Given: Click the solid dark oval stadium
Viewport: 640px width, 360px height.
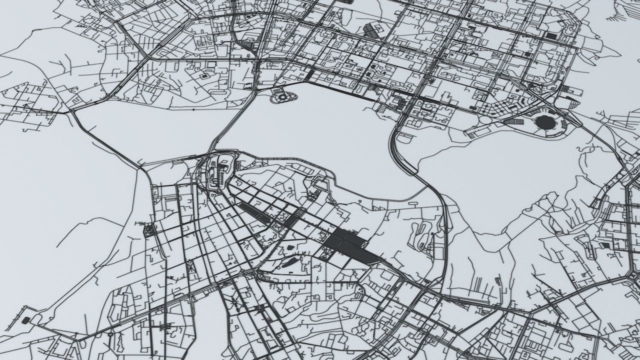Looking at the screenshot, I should tap(544, 121).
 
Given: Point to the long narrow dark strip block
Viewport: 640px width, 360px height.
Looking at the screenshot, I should tap(255, 213).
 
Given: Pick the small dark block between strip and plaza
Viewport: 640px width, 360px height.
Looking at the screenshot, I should tap(291, 220).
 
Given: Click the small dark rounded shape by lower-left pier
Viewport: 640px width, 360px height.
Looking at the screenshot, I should tap(25, 319).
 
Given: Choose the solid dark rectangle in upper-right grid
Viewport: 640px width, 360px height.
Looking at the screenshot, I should tap(551, 36).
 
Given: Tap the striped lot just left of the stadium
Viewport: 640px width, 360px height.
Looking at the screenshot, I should tap(513, 121).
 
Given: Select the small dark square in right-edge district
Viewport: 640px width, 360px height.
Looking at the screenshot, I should tap(605, 245).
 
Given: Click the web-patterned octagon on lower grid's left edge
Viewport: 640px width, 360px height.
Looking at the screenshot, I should tap(149, 230).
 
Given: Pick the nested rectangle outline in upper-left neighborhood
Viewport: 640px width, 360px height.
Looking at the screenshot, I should tap(204, 76).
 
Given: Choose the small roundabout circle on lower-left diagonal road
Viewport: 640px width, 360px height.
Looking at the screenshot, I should tap(110, 333).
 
